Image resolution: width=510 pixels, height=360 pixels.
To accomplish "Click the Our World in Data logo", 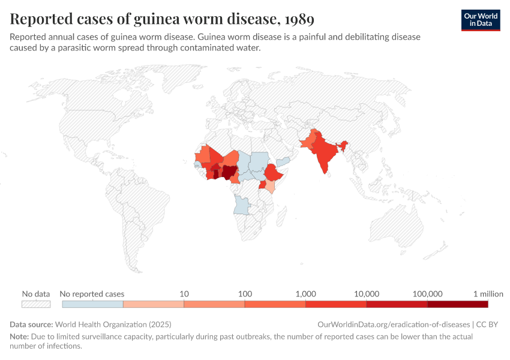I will pyautogui.click(x=480, y=19).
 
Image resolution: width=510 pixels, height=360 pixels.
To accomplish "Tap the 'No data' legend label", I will pyautogui.click(x=36, y=294).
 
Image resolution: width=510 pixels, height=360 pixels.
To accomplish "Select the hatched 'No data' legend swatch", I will pyautogui.click(x=36, y=304).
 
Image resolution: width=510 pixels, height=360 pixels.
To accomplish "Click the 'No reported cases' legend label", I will pyautogui.click(x=92, y=294).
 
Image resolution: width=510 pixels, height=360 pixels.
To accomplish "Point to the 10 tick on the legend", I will pyautogui.click(x=184, y=294).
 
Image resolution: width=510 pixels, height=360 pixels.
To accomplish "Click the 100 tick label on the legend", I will pyautogui.click(x=245, y=294).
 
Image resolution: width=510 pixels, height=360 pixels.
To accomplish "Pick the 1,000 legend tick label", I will pyautogui.click(x=306, y=294).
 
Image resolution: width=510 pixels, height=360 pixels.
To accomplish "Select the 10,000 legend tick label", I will pyautogui.click(x=367, y=294).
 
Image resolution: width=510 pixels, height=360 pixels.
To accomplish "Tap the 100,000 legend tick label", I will pyautogui.click(x=428, y=294).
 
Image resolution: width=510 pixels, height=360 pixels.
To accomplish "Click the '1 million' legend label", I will pyautogui.click(x=488, y=294).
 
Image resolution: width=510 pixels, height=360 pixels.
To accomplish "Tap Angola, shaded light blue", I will pyautogui.click(x=242, y=205).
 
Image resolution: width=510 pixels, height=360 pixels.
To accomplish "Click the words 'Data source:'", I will pyautogui.click(x=31, y=324).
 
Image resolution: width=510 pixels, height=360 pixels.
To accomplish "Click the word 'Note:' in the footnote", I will pyautogui.click(x=20, y=337).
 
